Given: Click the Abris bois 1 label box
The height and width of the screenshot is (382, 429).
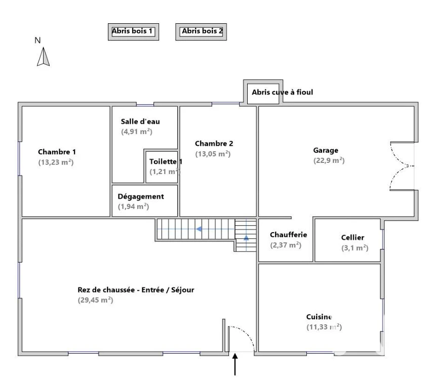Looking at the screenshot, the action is pos(133,32).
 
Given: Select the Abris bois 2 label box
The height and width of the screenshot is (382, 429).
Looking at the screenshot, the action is pos(201,32).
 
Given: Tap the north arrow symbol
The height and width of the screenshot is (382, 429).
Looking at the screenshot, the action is pos(43,57).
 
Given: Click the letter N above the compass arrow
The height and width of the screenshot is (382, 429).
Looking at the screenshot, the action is pos(37,40).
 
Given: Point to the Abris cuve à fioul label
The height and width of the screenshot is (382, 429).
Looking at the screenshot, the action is pos(282,92).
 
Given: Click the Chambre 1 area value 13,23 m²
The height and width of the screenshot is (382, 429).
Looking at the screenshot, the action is pos(56,162).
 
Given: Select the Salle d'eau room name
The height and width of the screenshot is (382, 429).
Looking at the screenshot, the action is pos(140,121).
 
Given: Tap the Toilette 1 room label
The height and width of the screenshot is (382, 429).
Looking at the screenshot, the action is pos(166,161).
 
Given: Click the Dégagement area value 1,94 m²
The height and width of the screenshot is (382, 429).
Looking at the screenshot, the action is pos(133,206).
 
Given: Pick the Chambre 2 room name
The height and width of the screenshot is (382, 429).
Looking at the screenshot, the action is pos(214,144).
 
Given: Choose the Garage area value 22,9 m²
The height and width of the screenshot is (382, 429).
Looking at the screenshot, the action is pos(329,160).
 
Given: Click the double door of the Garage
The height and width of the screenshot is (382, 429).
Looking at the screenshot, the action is pos(402,166).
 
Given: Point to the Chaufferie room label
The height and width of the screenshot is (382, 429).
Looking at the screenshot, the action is pos(288,235).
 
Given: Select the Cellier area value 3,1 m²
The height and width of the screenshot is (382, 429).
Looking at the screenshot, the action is pos(355,248).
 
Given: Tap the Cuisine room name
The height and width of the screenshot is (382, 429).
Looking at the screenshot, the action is pos(319,317).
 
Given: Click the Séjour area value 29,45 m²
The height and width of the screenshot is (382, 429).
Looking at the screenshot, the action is pos(96,300).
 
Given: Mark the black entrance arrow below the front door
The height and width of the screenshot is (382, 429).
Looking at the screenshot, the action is pos(235,364).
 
